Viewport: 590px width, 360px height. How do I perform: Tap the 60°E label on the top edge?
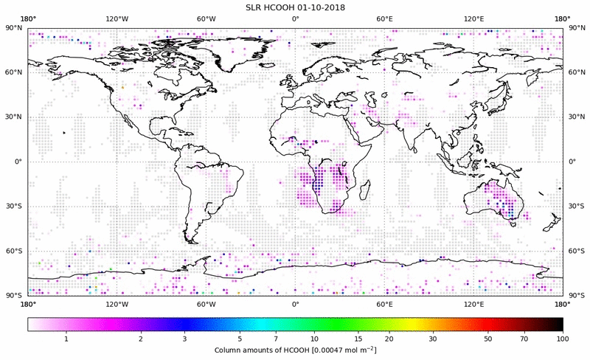coord(385,18)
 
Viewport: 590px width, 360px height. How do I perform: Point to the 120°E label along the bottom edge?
coord(473,303)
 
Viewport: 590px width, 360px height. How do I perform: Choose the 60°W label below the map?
coord(206,303)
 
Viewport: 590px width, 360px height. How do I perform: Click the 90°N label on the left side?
coord(14,27)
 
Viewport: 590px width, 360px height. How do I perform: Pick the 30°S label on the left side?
coord(14,206)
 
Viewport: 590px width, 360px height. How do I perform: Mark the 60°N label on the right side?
coord(577,72)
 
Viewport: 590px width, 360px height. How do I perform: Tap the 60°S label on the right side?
coord(577,251)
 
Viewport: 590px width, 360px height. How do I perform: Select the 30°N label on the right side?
coord(577,117)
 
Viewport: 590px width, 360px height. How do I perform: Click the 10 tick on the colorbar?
coord(314,338)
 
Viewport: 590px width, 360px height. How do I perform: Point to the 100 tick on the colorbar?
coord(563,338)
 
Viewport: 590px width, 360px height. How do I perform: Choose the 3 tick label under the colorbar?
coord(185,338)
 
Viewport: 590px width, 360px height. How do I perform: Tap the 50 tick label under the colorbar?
coord(487,338)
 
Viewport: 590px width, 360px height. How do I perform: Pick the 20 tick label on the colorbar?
coord(388,338)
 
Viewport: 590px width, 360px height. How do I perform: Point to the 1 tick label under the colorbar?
coord(66,338)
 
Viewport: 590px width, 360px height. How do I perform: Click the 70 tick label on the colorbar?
coord(524,338)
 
